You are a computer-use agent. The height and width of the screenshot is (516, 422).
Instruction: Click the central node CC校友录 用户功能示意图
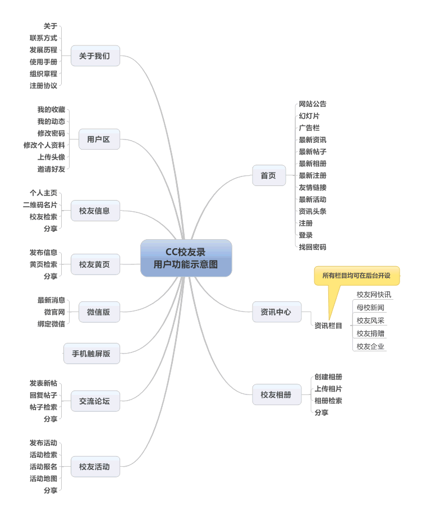pos(186,258)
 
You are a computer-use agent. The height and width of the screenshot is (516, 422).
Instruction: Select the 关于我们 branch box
pos(95,56)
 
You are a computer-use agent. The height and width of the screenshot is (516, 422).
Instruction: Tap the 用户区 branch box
pos(99,139)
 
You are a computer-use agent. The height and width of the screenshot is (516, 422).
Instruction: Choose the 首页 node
pos(269,175)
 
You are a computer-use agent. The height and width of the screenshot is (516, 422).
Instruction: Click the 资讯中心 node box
pos(277,312)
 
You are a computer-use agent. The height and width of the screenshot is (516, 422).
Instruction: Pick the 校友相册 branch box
pos(277,394)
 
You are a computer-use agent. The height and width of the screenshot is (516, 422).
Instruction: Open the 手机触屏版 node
pos(91,354)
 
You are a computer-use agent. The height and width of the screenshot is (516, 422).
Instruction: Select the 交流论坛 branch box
pos(95,401)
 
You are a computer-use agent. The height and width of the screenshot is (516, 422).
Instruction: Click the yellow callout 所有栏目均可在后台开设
pos(357,276)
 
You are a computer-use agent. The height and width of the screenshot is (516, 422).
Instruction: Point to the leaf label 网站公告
pos(313,104)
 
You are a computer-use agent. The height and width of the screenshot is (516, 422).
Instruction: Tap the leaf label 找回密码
pos(313,247)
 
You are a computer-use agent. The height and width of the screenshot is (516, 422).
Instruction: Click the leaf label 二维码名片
pos(40,204)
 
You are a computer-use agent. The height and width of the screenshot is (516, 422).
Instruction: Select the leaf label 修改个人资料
pos(44,145)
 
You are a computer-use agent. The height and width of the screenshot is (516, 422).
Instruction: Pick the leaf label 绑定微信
pos(51,324)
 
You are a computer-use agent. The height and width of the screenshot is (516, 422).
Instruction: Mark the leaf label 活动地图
pos(44,478)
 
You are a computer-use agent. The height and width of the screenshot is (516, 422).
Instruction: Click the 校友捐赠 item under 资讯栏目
pos(370,333)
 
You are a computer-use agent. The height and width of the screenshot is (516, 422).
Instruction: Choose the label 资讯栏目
pos(328,326)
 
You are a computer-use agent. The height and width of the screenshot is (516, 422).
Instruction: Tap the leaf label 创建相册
pos(328,377)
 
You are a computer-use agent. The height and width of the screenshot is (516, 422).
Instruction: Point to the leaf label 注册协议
pos(44,86)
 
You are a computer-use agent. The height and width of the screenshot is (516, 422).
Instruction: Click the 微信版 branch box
pos(99,312)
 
